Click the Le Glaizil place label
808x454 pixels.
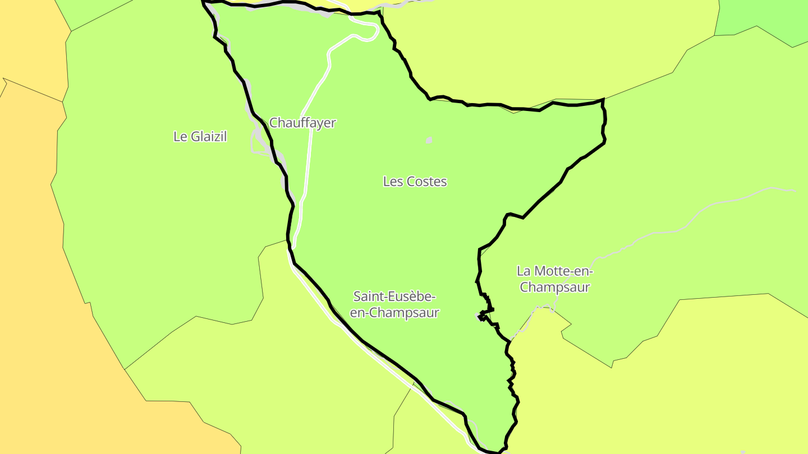tap(200, 136)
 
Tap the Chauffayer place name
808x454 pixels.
tap(302, 123)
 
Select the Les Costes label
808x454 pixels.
tap(415, 182)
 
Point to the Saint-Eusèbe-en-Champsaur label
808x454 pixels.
tap(394, 304)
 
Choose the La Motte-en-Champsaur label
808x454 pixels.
tap(555, 279)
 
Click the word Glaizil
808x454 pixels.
tap(209, 136)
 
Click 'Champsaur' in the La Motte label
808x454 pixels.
tap(555, 288)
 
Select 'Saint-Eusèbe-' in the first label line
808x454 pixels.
tap(394, 296)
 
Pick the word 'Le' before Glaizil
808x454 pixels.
tap(180, 136)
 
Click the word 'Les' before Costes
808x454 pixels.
tap(393, 182)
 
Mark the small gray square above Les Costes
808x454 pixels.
tap(429, 140)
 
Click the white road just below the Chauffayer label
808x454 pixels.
tap(309, 146)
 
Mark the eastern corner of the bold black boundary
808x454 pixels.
tap(603, 101)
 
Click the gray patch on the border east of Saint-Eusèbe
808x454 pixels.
tap(479, 317)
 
